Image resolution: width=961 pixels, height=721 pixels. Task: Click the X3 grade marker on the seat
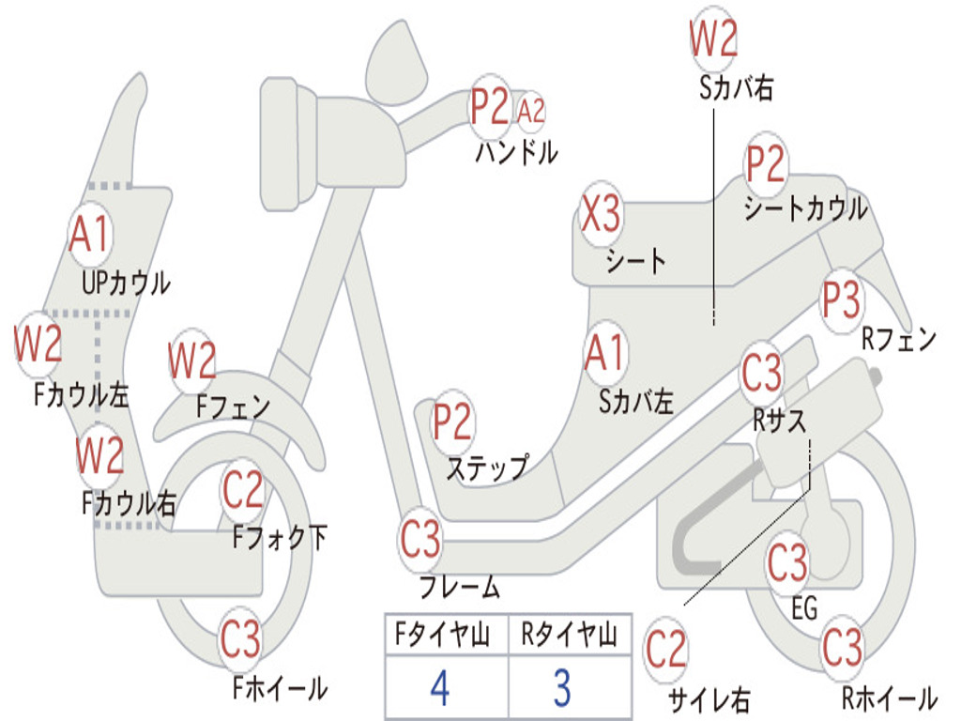pyautogui.click(x=601, y=214)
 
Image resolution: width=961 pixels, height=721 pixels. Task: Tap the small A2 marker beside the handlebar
pyautogui.click(x=531, y=111)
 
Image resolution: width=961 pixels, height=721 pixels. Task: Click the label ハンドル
pyautogui.click(x=515, y=151)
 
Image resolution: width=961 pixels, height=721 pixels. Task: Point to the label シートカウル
pyautogui.click(x=805, y=208)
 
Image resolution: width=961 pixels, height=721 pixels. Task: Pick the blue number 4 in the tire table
pyautogui.click(x=439, y=688)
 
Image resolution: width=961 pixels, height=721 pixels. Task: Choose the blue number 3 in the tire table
pyautogui.click(x=561, y=688)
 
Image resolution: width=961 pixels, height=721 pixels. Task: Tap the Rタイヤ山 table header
pyautogui.click(x=569, y=636)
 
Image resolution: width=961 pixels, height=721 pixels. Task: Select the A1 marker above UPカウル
pyautogui.click(x=90, y=234)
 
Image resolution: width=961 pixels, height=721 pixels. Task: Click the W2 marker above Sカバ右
pyautogui.click(x=713, y=39)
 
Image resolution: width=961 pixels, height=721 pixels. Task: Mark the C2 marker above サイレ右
pyautogui.click(x=666, y=650)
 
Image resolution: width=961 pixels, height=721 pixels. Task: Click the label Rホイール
pyautogui.click(x=890, y=698)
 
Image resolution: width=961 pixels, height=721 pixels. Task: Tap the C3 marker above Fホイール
pyautogui.click(x=240, y=639)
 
